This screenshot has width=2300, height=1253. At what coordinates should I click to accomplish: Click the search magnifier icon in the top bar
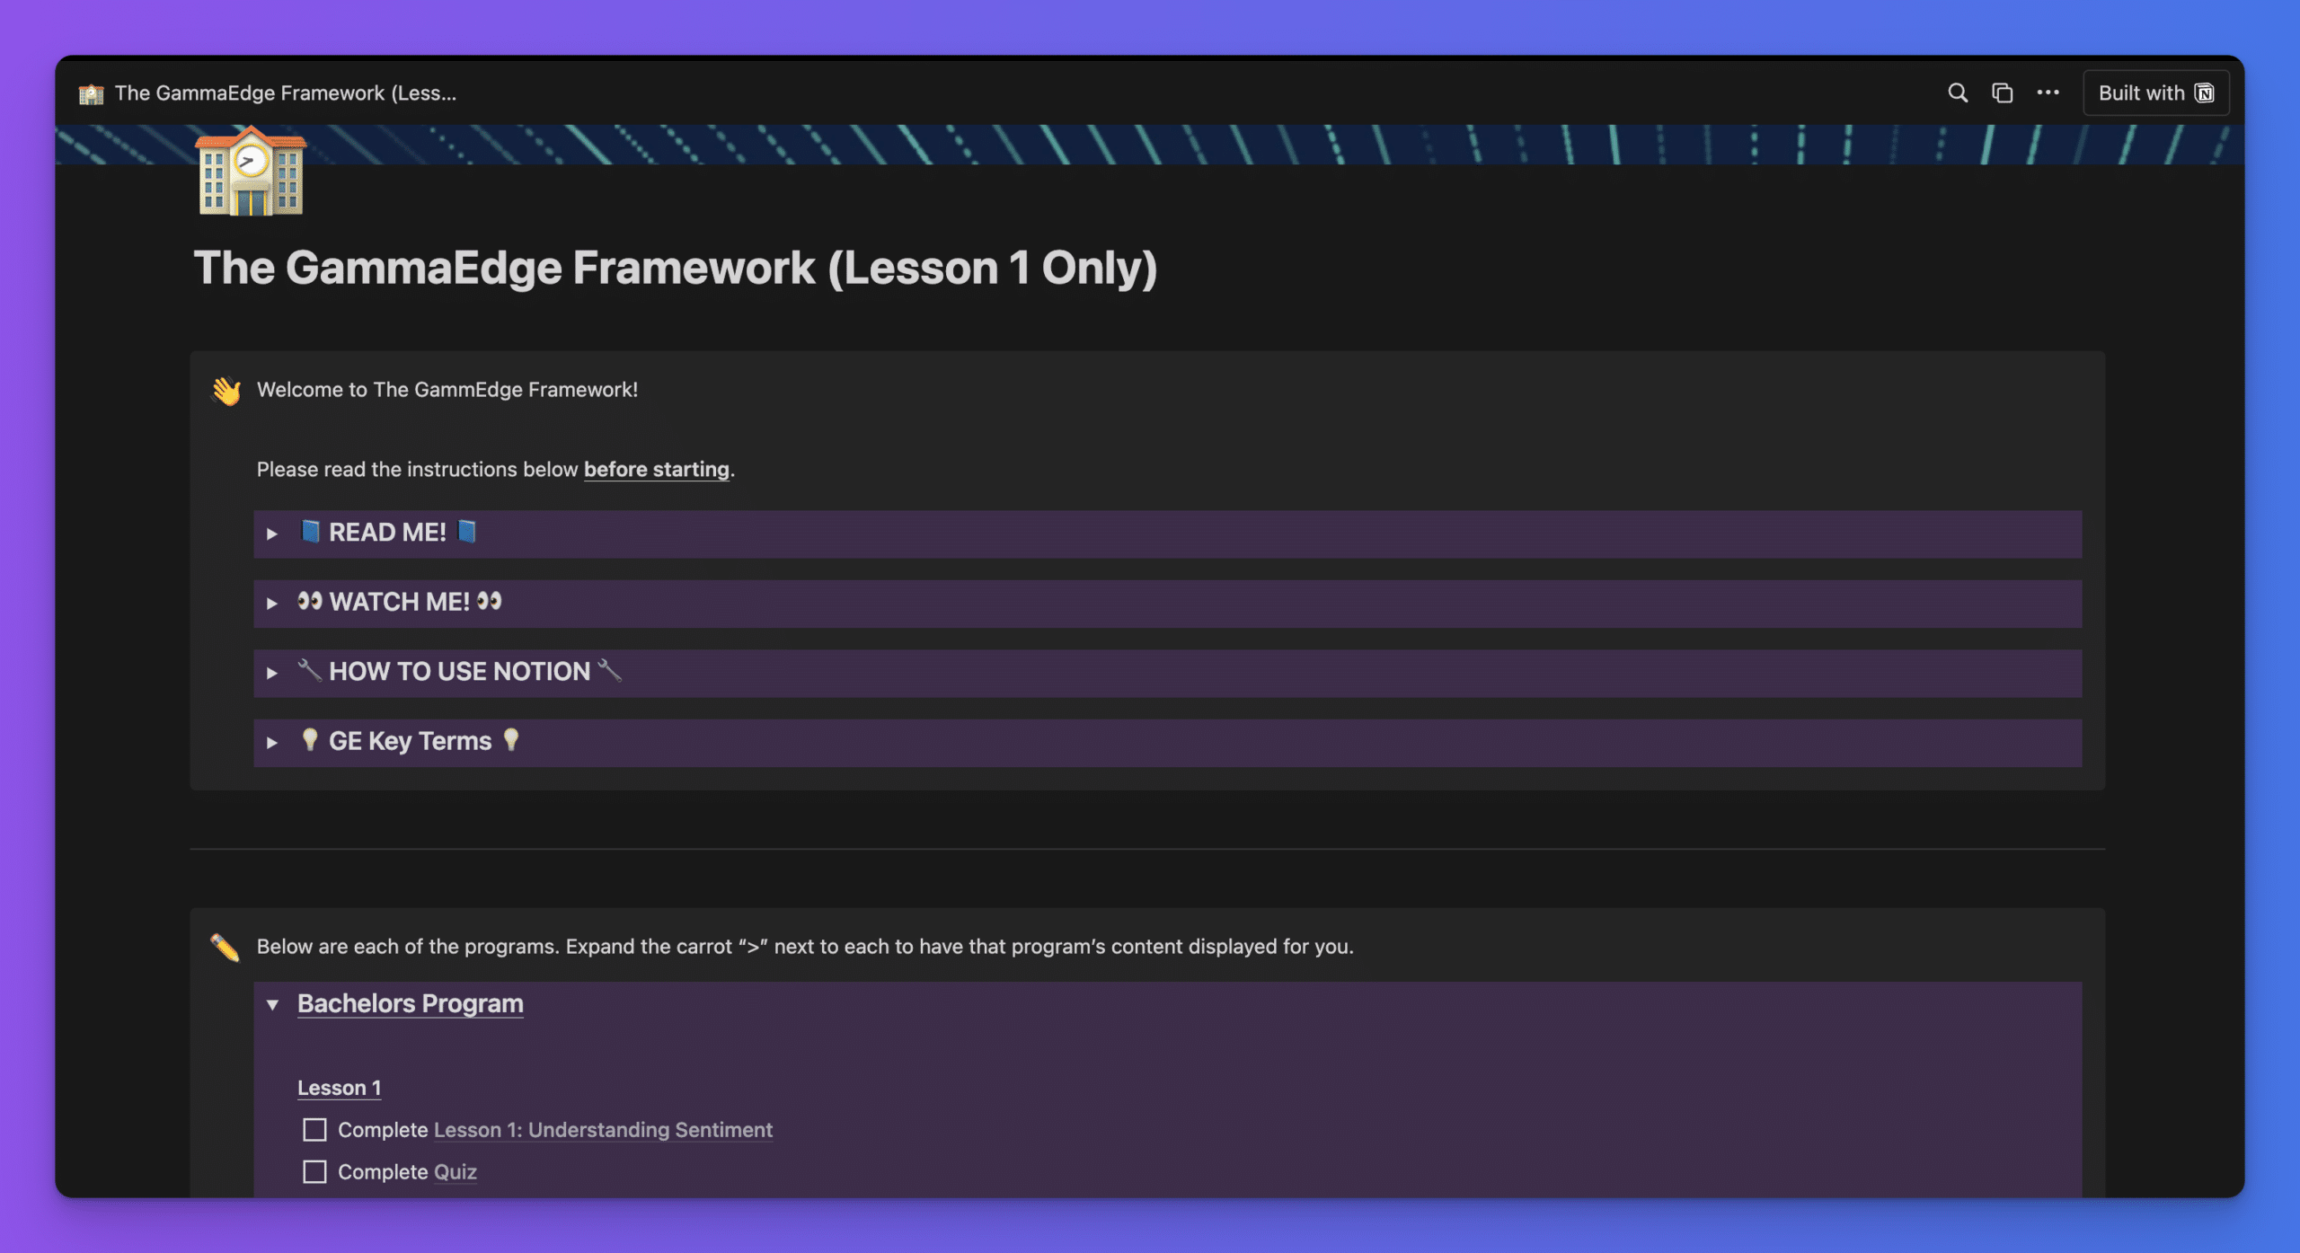(x=1957, y=93)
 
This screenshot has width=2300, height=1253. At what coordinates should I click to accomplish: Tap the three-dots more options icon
(x=2048, y=93)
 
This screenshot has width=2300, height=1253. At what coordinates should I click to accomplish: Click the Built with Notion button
(x=2155, y=93)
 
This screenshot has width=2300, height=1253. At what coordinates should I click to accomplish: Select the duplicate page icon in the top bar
(x=2002, y=93)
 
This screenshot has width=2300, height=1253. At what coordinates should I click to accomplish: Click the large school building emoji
(x=251, y=171)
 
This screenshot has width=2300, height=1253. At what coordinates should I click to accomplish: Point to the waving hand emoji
(x=226, y=391)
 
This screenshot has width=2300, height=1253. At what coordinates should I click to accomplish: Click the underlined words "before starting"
(x=656, y=469)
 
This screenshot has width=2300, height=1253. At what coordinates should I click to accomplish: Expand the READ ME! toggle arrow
(x=272, y=534)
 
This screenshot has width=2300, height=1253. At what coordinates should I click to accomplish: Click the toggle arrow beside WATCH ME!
(x=272, y=603)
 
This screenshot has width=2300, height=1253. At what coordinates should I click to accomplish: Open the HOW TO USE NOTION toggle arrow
(x=272, y=673)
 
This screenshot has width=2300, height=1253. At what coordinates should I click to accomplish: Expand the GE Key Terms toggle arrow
(x=272, y=742)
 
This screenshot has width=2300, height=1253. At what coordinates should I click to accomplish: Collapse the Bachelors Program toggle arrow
(x=272, y=1004)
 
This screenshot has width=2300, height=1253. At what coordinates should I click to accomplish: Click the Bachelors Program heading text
(x=410, y=1003)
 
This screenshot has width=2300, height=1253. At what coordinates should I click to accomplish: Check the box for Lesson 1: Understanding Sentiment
(x=314, y=1129)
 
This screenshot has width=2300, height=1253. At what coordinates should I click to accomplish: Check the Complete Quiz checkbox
(x=314, y=1171)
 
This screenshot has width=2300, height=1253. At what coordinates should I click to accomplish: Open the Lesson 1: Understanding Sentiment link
(x=603, y=1129)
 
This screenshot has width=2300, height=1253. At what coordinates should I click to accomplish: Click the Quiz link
(x=456, y=1171)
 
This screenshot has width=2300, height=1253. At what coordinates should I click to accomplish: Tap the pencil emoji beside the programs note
(x=225, y=947)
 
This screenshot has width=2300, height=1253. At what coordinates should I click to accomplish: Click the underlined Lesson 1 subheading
(x=339, y=1088)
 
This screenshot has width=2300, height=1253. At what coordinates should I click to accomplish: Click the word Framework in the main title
(x=694, y=268)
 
